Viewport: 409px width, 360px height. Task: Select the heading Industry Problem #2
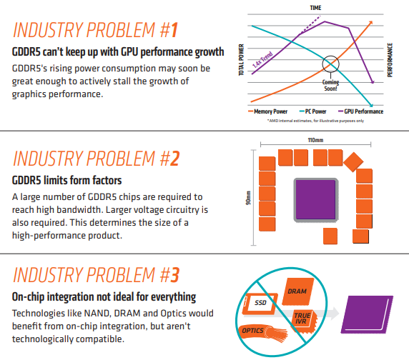point(95,157)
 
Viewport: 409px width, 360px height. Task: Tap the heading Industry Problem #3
point(95,275)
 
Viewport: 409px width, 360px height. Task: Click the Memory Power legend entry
point(269,111)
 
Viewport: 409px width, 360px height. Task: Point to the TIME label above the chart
point(315,7)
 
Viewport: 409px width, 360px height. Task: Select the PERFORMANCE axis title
point(390,61)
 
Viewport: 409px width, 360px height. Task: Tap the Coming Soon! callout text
point(330,85)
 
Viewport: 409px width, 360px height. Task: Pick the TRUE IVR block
point(302,317)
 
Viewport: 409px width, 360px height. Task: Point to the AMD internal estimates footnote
point(315,121)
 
